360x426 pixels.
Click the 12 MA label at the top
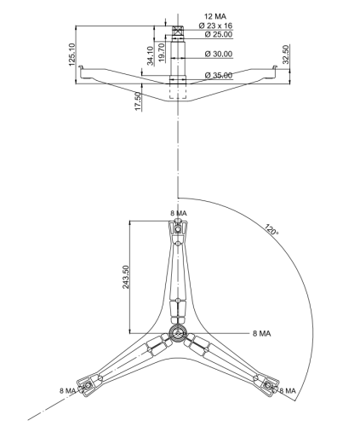[x=215, y=16]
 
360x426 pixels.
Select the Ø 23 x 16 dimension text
[x=215, y=26]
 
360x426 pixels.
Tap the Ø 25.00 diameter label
[x=219, y=34]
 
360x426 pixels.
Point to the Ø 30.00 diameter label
[x=219, y=54]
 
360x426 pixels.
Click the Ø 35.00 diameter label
[x=219, y=75]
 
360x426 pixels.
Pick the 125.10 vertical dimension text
[x=71, y=55]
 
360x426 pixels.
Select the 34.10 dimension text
[x=150, y=55]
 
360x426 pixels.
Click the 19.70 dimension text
[x=161, y=53]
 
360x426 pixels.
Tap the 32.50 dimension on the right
[x=286, y=55]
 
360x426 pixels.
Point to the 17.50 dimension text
[x=138, y=101]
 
